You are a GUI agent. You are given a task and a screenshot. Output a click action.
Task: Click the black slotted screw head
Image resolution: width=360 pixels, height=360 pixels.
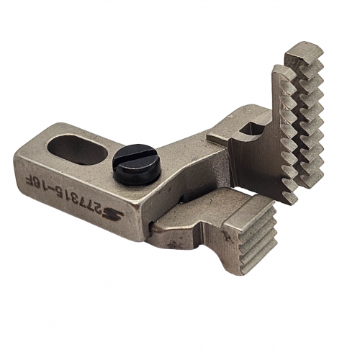pyautogui.click(x=137, y=163)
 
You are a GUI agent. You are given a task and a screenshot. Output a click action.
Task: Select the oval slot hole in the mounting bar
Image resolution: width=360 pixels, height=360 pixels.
pyautogui.click(x=77, y=148)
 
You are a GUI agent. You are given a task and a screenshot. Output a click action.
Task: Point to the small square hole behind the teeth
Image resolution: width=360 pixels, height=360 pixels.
pyautogui.click(x=250, y=130)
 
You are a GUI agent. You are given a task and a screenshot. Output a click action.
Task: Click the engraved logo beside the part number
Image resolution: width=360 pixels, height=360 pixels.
pyautogui.click(x=113, y=213)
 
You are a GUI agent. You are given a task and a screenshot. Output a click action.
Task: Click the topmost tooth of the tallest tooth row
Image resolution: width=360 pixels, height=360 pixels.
pyautogui.click(x=305, y=53)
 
